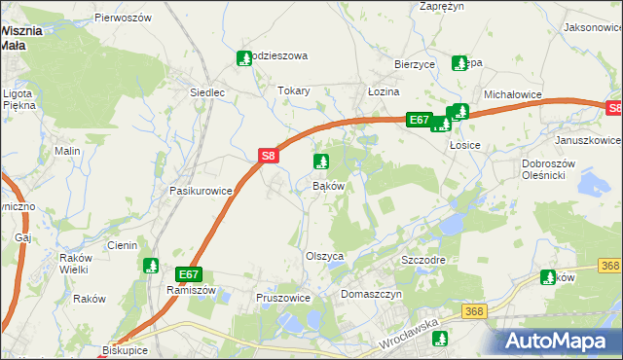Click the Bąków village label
[327, 185]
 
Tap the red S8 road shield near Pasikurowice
[270, 155]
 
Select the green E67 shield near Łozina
[419, 120]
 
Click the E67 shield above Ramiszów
[189, 274]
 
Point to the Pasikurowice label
[201, 191]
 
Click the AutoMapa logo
[557, 341]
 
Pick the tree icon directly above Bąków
[319, 162]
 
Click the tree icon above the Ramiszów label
[151, 266]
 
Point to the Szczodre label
[423, 262]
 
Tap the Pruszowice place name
[282, 298]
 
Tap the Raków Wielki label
[73, 264]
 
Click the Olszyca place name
[325, 255]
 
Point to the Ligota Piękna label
[18, 100]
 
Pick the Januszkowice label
[584, 139]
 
